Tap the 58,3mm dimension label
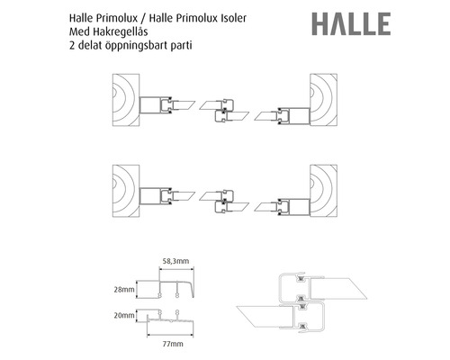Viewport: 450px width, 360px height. pyautogui.click(x=175, y=261)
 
